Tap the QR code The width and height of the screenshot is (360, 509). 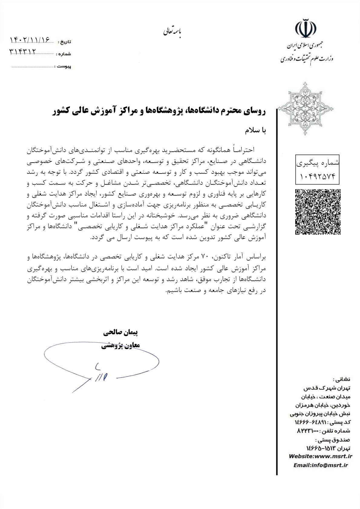click(318, 211)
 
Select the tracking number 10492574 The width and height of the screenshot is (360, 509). click(318, 176)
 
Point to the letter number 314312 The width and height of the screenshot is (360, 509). click(23, 52)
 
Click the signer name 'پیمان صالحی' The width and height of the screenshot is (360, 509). click(121, 333)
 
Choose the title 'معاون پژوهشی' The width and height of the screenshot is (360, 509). click(121, 345)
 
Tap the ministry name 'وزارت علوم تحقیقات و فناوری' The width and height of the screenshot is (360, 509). click(306, 58)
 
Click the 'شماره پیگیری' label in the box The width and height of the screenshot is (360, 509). click(318, 163)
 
